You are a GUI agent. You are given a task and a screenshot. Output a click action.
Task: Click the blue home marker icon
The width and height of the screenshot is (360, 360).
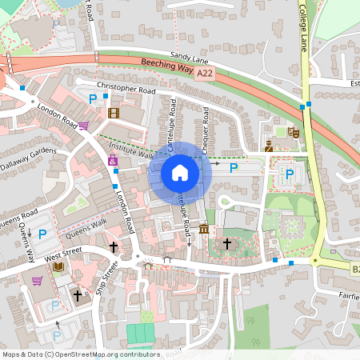click(180, 172)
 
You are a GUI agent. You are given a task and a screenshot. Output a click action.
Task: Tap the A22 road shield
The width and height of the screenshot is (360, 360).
click(206, 73)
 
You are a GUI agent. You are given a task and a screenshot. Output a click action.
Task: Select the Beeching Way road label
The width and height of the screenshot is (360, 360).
click(168, 69)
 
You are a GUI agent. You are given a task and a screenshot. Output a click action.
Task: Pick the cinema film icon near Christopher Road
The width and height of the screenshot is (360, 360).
click(114, 113)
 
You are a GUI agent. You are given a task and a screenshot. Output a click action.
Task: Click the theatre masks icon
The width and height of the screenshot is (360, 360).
click(293, 131)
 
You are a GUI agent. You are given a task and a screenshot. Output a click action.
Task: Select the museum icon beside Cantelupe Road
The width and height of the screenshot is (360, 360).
click(204, 230)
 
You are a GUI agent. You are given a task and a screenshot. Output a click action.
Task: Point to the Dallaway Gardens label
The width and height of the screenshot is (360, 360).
click(29, 158)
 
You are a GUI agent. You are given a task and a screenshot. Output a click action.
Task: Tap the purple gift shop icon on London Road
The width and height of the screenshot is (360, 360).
click(113, 161)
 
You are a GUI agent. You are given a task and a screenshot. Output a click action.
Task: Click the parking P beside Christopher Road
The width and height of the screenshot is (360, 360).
click(93, 98)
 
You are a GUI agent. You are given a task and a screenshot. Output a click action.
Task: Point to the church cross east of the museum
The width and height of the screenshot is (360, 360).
click(226, 242)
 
